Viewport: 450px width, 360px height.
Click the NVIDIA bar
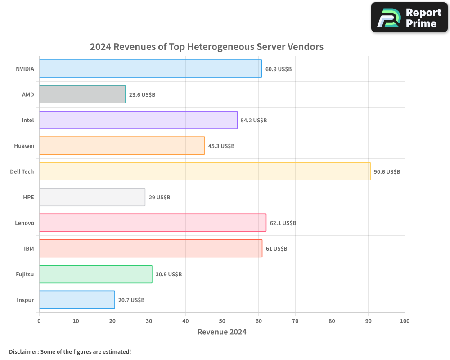pos(150,69)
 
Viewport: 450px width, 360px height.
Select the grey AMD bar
pos(82,94)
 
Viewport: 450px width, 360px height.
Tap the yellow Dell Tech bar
pos(205,171)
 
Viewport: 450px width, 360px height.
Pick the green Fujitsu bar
pos(95,274)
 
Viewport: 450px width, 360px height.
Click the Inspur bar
pos(77,300)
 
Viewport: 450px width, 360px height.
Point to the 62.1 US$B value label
pos(283,223)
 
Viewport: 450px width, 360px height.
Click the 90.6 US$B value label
pos(387,172)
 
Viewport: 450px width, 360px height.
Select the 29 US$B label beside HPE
pos(159,198)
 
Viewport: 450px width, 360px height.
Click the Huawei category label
pos(24,146)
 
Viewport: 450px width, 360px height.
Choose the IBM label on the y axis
pos(29,248)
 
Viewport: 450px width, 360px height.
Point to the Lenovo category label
pos(24,223)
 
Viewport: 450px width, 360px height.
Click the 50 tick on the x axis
pos(222,321)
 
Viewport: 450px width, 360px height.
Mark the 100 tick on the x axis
pos(405,321)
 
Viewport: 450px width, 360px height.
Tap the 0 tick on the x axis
pos(39,321)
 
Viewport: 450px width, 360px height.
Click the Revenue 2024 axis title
pos(222,332)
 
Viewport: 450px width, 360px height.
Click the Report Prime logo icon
pos(387,18)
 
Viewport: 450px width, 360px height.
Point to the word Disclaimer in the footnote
pos(23,351)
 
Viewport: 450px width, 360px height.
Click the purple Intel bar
pos(138,120)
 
